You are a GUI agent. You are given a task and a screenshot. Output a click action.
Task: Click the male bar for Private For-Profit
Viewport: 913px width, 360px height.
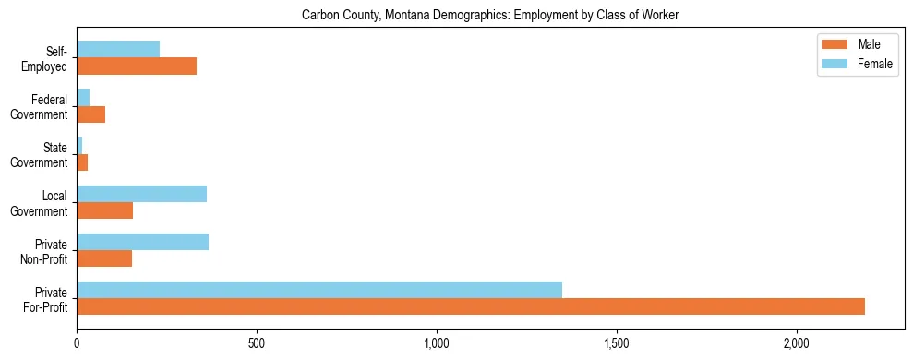(471, 306)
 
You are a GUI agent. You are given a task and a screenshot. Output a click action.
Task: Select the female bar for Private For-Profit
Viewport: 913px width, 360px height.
(319, 290)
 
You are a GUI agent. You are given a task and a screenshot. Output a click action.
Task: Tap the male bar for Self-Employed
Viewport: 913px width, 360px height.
(137, 66)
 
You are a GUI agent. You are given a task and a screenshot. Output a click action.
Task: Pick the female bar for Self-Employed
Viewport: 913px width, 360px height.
(118, 50)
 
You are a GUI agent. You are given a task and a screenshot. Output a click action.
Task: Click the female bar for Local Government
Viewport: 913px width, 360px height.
(141, 194)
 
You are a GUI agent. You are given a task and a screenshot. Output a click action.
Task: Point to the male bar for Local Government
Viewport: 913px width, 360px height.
(104, 210)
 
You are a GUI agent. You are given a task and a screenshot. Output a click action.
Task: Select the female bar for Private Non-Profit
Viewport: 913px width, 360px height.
(142, 242)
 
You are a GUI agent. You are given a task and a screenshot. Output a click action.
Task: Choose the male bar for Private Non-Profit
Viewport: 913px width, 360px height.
(104, 258)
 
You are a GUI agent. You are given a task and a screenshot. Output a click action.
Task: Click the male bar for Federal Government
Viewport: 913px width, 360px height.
(90, 114)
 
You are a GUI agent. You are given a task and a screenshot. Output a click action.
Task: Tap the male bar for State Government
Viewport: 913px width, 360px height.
(82, 162)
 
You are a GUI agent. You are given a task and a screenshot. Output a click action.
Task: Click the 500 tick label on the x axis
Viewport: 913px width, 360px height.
(257, 343)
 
